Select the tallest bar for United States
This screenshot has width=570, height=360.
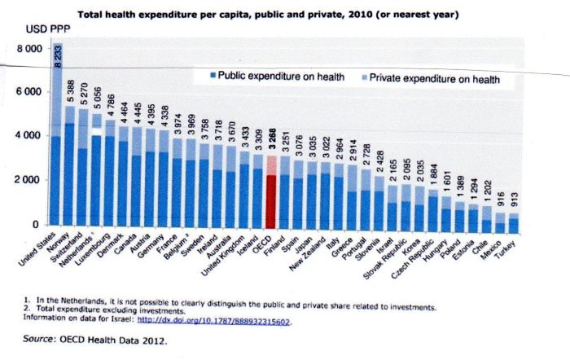pyautogui.click(x=58, y=147)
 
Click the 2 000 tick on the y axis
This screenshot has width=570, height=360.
pyautogui.click(x=29, y=179)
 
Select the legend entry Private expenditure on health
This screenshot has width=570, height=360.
pyautogui.click(x=430, y=79)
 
